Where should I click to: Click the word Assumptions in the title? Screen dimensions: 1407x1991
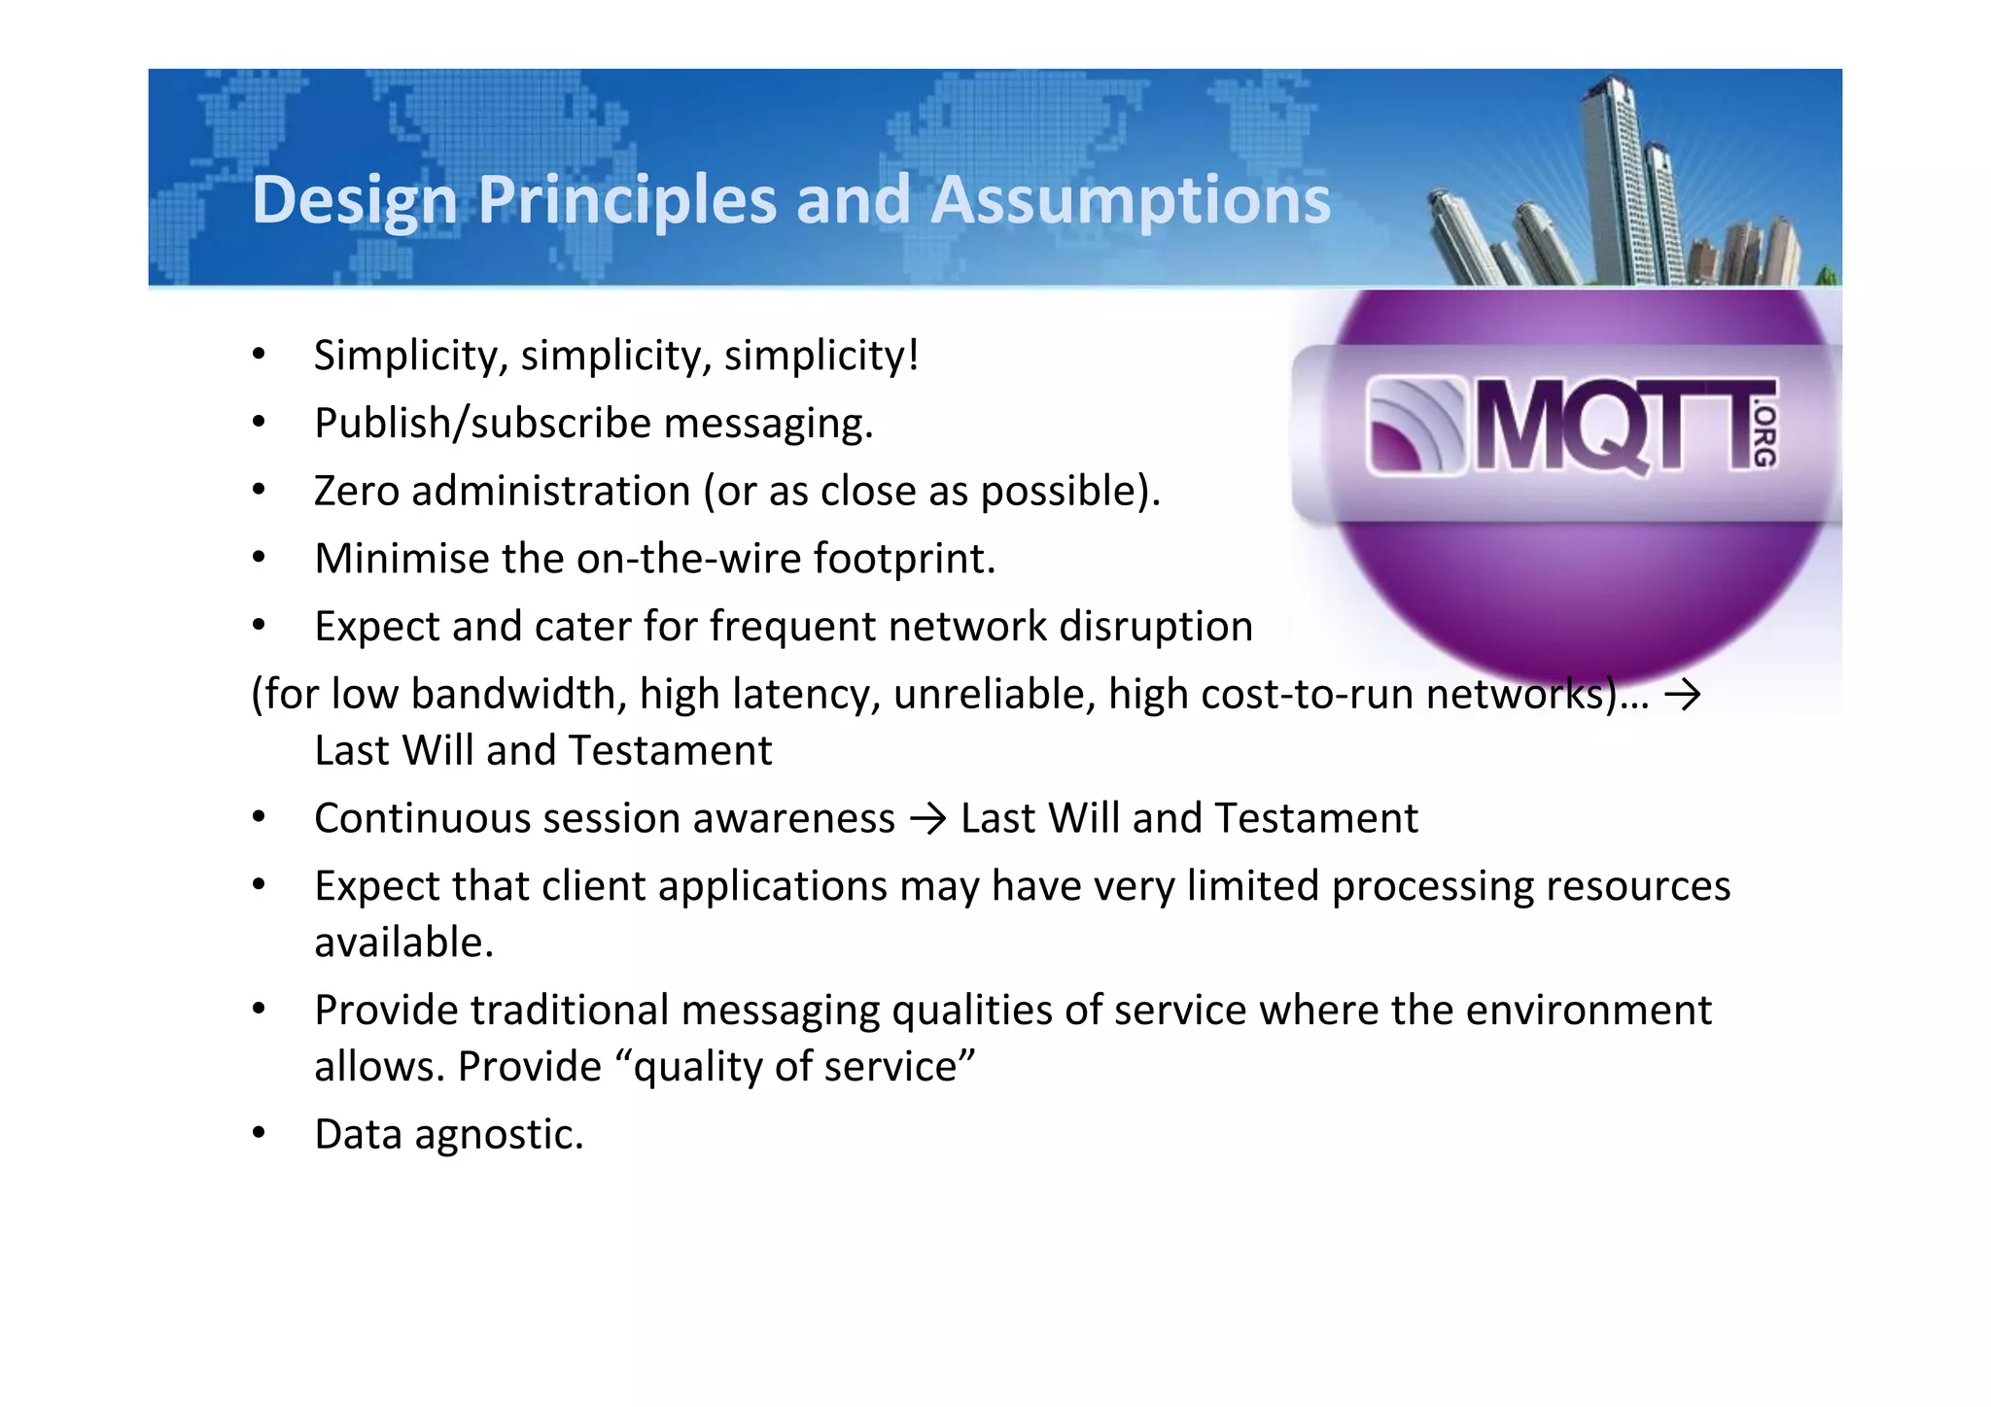1130,200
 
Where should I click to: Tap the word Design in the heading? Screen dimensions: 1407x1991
354,200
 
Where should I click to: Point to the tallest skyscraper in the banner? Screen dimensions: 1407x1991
1614,175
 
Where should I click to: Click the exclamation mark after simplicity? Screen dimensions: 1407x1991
912,355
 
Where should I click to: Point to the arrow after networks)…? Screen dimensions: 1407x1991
1682,695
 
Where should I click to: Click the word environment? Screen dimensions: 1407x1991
1588,1011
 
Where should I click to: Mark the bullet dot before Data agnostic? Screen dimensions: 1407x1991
259,1133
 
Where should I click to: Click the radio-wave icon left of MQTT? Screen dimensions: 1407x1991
1415,428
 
